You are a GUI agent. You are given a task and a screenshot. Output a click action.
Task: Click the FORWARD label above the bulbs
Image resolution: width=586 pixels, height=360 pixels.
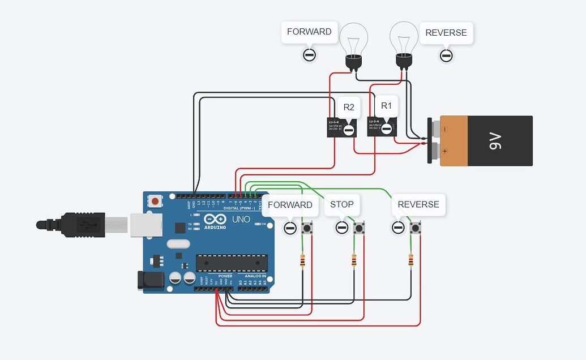click(309, 32)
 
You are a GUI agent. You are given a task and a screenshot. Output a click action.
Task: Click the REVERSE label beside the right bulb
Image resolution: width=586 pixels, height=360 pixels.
click(446, 33)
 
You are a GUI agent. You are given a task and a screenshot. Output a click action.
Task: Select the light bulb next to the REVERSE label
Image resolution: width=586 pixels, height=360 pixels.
click(404, 43)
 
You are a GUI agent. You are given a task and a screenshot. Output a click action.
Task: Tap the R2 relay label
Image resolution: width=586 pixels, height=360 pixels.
click(349, 107)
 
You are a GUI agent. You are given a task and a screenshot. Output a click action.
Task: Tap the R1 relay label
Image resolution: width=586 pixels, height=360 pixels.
click(386, 105)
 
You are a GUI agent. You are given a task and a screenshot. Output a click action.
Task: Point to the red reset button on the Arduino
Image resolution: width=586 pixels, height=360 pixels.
click(155, 201)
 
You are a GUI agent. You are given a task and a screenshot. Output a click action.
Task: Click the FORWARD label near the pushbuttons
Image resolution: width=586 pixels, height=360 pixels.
click(290, 205)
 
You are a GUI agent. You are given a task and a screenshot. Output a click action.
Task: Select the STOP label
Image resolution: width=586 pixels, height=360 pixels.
click(341, 204)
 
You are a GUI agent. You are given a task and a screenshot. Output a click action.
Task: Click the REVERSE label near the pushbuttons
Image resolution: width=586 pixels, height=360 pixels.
click(418, 204)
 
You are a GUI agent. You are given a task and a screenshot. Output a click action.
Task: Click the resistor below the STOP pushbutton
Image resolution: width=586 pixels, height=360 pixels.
click(354, 260)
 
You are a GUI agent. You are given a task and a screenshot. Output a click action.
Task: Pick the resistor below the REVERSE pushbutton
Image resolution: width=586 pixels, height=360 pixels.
click(410, 260)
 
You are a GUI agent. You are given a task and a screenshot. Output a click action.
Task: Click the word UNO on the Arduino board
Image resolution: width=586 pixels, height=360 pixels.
click(241, 219)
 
